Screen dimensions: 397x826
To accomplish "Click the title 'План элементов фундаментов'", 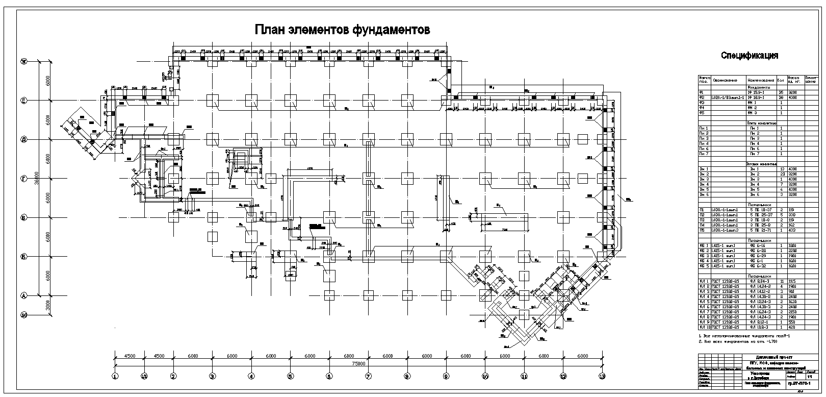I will point(342,30).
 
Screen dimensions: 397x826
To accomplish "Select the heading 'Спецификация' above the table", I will point(749,56).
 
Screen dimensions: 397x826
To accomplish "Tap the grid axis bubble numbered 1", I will point(115,377).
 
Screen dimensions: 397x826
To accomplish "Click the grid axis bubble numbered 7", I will point(368,377).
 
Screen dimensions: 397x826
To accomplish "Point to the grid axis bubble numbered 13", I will point(602,377).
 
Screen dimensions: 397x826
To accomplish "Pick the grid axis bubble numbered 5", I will point(290,377).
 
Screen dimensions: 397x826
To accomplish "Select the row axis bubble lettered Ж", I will point(23,62).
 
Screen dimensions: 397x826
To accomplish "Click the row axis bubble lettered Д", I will point(23,139).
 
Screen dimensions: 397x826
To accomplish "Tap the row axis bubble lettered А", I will point(23,295).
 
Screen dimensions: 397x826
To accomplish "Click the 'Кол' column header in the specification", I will point(781,80).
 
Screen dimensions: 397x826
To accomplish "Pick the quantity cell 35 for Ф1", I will point(781,92).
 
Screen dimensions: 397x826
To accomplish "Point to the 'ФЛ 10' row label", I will point(704,327).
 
